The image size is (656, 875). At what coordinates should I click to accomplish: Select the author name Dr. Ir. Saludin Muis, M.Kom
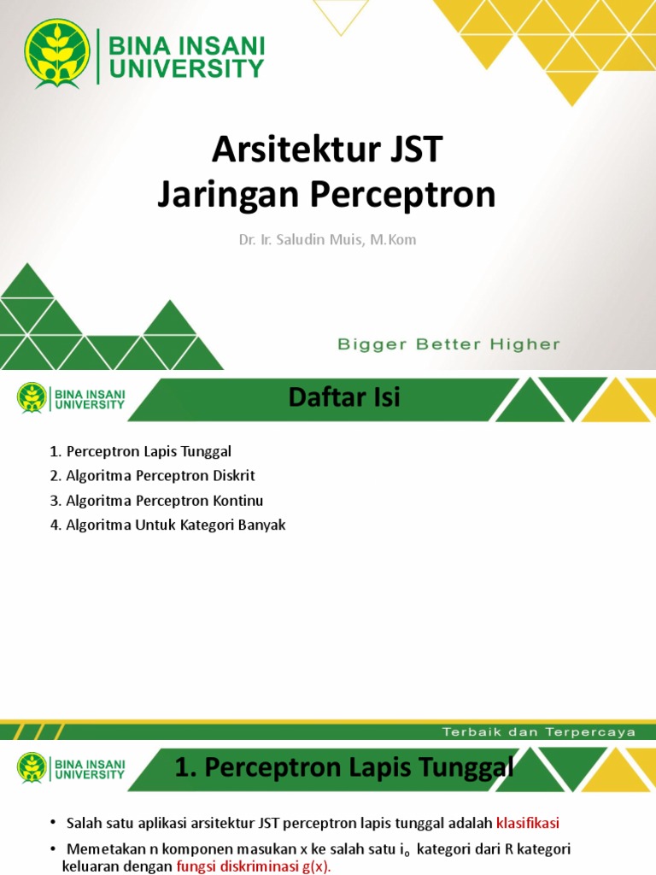[327, 239]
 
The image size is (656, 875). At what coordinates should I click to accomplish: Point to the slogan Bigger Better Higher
[448, 344]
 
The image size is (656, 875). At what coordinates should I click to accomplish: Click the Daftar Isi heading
[344, 397]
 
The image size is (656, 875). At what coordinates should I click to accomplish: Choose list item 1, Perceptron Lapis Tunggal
[141, 451]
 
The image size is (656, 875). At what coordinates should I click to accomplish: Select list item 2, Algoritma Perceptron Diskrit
[152, 476]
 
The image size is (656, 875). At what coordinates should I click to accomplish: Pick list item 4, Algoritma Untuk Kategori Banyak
[167, 526]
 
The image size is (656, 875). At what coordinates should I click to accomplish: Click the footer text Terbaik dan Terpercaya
[539, 732]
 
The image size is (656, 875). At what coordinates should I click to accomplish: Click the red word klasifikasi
[528, 824]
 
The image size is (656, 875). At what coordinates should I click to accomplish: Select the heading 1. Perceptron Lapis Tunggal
[344, 767]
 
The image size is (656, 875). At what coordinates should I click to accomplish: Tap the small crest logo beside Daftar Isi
[32, 397]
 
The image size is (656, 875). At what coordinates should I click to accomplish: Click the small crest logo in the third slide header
[32, 767]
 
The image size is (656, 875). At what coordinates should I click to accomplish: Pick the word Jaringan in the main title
[229, 196]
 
